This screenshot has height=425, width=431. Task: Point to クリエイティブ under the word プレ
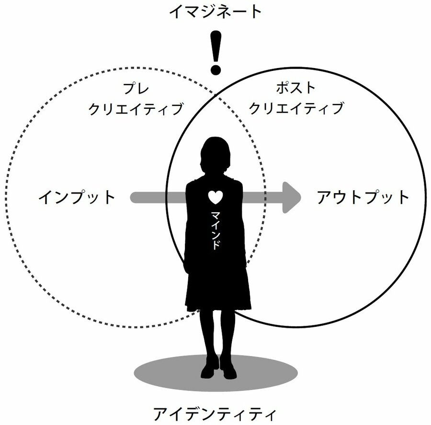pos(136,109)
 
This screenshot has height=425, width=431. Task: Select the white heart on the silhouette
pos(216,196)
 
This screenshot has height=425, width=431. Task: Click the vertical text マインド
pos(216,229)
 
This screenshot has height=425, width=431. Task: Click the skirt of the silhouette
pos(218,287)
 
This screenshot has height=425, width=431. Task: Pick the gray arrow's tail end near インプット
pos(135,197)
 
